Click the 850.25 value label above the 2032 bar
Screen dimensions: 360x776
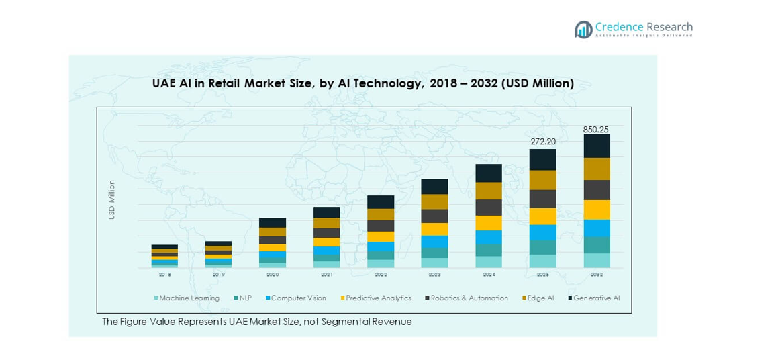[596, 129]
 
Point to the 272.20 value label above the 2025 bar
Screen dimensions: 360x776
[542, 142]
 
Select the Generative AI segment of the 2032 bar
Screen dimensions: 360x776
[596, 146]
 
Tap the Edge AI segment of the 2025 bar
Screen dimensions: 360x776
[542, 180]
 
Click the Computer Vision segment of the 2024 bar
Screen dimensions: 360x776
[489, 237]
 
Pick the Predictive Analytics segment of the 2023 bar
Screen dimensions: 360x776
[434, 229]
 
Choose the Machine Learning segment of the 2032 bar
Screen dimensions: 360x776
[596, 261]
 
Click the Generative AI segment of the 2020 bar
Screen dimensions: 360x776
[273, 222]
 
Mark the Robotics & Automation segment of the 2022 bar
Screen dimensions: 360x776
[381, 226]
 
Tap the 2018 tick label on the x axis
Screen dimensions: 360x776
[164, 274]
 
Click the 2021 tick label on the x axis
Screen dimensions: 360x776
[326, 274]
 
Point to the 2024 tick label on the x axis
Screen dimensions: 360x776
[489, 274]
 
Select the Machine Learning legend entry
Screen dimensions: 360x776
[187, 298]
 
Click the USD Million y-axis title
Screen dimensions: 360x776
[112, 199]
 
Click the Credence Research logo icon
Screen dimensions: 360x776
[583, 29]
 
